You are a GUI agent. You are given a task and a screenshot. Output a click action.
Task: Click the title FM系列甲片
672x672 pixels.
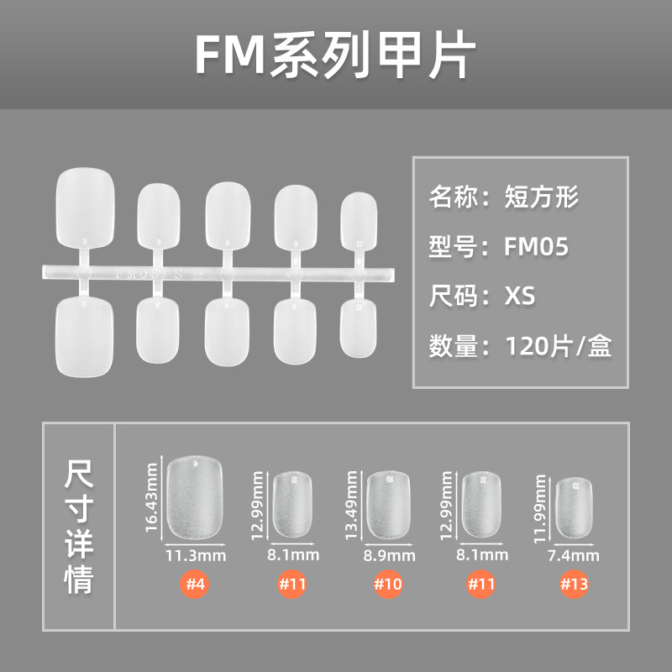click(335, 55)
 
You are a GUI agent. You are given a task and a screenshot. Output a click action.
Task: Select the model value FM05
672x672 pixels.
click(537, 247)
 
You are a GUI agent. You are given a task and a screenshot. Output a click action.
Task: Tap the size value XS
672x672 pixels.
click(520, 297)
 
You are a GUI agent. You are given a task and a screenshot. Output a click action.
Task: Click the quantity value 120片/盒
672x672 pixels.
click(558, 346)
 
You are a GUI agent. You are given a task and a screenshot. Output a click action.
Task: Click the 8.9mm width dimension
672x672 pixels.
click(391, 555)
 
